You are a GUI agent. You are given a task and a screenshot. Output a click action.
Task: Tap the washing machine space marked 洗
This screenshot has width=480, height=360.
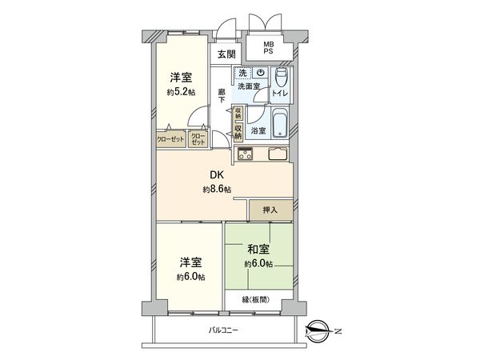[242, 73]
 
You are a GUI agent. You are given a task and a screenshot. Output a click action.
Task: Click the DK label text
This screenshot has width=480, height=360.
[216, 175]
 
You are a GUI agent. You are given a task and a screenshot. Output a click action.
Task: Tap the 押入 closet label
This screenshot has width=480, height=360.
[270, 210]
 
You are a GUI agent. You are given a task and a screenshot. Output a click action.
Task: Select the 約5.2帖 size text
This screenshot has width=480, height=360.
[180, 91]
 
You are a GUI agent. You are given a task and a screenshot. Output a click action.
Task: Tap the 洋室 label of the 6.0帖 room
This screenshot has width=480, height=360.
[190, 262]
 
